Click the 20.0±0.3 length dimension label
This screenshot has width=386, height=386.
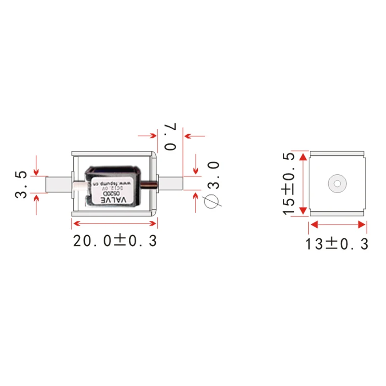point(115,240)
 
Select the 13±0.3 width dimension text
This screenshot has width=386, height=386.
point(336,244)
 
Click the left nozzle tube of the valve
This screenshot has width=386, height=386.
point(58,184)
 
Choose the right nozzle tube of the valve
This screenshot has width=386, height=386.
point(171,184)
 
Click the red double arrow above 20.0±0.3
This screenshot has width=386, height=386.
point(114,223)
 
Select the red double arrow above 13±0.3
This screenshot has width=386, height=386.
point(337,224)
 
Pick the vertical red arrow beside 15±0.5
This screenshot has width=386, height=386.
point(303,183)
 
